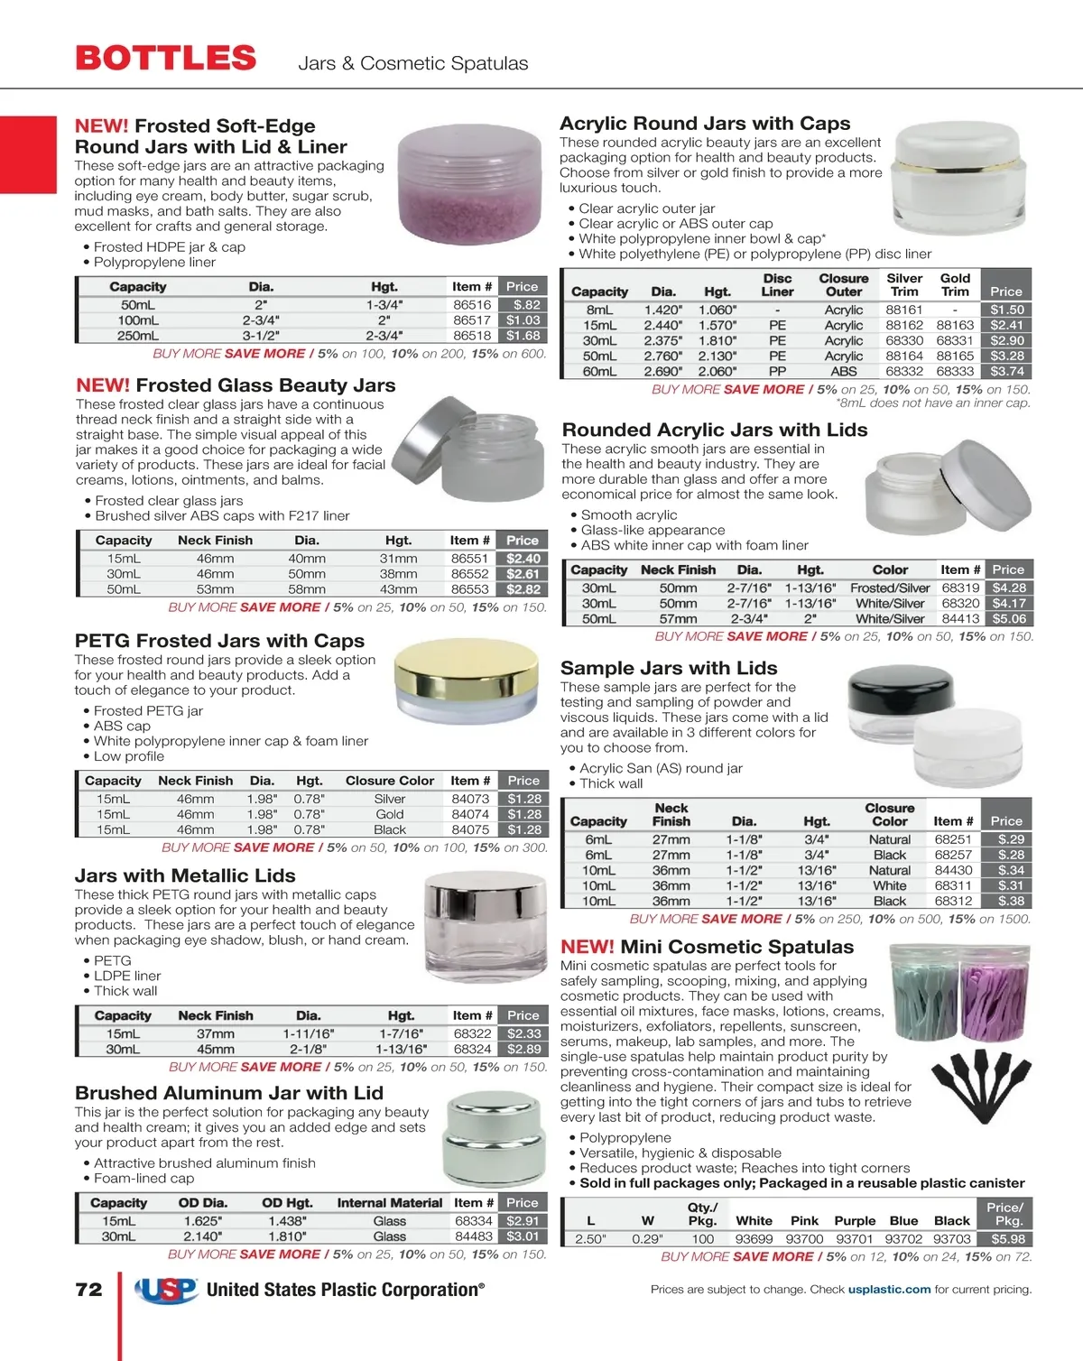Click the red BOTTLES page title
pos(166,59)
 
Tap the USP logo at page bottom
pos(167,1291)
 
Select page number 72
pos(88,1290)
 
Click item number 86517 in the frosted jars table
pos(472,320)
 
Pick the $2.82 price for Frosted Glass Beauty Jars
pos(523,589)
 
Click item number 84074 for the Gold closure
pos(470,814)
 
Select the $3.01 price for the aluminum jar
pos(523,1236)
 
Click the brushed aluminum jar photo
pos(495,1141)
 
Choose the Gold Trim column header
pos(955,285)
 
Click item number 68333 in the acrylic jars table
pos(955,372)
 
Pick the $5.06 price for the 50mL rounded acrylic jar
pos(1009,619)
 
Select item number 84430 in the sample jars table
pos(953,871)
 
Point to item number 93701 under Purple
pos(855,1239)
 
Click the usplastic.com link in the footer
pos(889,1290)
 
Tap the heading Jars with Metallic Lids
pos(185,875)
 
